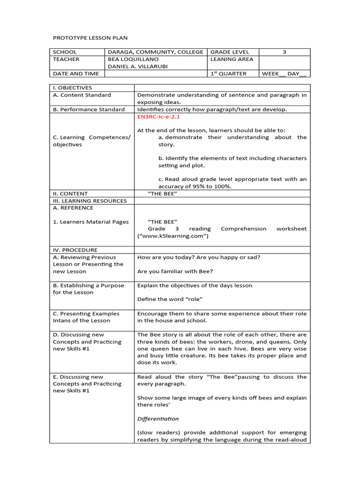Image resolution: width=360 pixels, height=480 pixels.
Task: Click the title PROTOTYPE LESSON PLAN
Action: (x=90, y=37)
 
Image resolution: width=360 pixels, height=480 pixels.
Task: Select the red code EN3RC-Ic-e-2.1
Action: (x=158, y=117)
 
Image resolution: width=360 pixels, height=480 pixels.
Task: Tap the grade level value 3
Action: (x=284, y=52)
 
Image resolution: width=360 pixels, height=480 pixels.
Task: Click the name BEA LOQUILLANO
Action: (x=133, y=60)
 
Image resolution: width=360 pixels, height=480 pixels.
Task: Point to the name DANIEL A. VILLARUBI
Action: (x=138, y=67)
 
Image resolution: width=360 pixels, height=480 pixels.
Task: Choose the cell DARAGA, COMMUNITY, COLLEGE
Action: (x=156, y=52)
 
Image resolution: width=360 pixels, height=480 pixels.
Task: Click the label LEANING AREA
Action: (x=232, y=60)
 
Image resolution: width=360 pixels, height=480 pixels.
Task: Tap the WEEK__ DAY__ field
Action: (x=284, y=74)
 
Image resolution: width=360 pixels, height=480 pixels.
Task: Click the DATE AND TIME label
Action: (x=76, y=74)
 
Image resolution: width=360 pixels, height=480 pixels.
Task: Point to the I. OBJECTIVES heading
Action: (x=73, y=88)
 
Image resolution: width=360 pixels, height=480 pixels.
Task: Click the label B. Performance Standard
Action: (x=89, y=109)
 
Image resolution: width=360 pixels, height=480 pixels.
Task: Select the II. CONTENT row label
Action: (x=70, y=194)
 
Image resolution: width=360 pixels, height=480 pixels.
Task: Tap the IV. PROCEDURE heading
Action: (x=75, y=250)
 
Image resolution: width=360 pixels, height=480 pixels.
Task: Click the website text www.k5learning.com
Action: (x=172, y=236)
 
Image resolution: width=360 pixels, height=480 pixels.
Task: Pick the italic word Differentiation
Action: (x=158, y=419)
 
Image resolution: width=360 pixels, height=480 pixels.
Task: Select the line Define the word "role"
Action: (x=170, y=299)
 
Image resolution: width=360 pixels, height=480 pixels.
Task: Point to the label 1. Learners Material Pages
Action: (x=90, y=222)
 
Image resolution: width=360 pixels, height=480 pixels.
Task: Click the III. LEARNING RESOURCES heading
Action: (x=90, y=201)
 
